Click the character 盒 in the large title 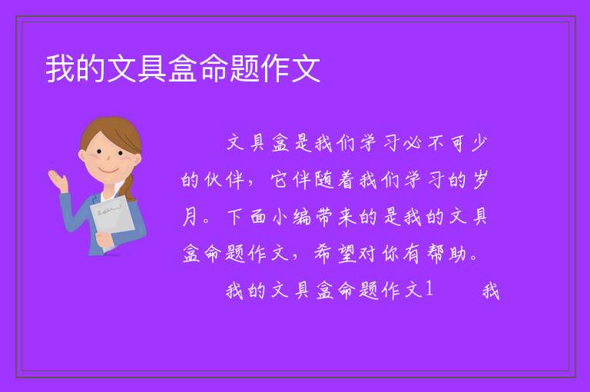click(183, 68)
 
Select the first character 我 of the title click(60, 68)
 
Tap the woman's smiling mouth click(109, 170)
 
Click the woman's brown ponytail click(128, 188)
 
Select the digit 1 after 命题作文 click(429, 290)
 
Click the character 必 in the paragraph click(412, 143)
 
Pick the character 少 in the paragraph click(479, 143)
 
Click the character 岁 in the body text click(479, 180)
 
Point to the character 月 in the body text click(190, 217)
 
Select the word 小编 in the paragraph click(291, 217)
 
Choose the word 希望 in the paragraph click(334, 254)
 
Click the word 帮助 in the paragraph click(446, 254)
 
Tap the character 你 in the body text click(391, 254)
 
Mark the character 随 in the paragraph click(324, 180)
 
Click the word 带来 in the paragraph click(335, 217)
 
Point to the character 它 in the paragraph click(280, 180)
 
